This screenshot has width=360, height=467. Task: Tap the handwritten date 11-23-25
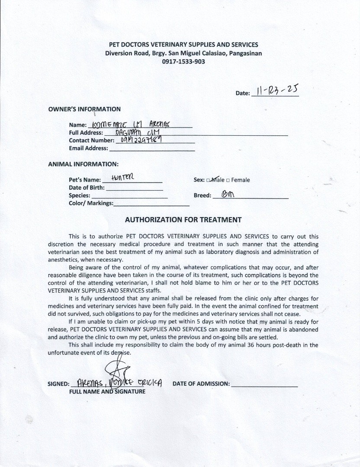[x=275, y=90]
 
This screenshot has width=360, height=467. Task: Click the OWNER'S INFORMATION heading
[x=84, y=109]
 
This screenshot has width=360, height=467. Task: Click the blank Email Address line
[x=152, y=148]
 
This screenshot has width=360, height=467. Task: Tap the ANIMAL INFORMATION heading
[x=83, y=164]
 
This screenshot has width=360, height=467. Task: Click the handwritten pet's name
[x=123, y=177]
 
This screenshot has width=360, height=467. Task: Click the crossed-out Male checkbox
[x=209, y=180]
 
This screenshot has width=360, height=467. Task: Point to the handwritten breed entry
[x=227, y=195]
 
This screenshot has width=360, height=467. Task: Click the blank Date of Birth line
[x=134, y=188]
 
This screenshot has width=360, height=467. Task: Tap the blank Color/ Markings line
[x=151, y=204]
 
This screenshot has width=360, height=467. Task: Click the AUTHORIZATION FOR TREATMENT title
[x=183, y=220]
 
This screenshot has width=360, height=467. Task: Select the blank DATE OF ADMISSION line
[x=264, y=384]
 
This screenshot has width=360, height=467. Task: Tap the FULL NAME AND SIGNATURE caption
[x=107, y=392]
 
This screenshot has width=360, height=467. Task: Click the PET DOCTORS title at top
[x=183, y=45]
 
